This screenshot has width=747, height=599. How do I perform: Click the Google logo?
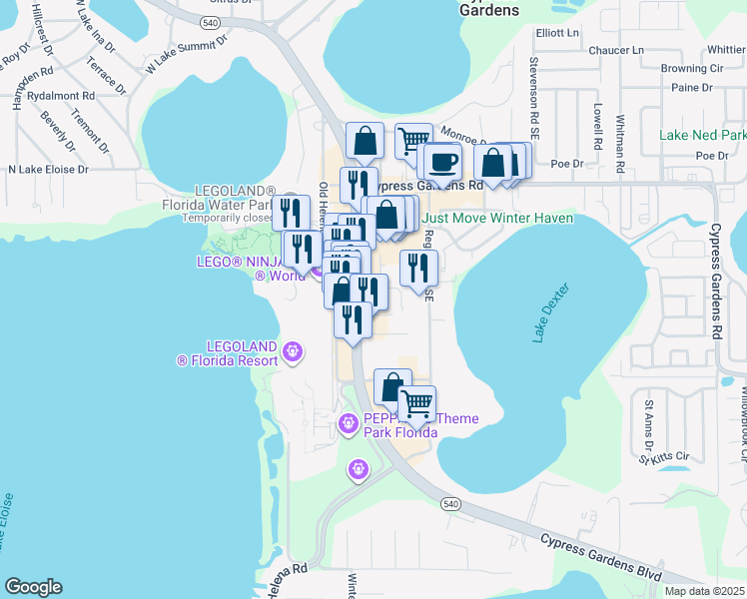coord(33,587)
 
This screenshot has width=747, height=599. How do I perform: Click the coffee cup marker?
coord(441,161)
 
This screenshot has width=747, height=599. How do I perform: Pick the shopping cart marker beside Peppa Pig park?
coord(416,402)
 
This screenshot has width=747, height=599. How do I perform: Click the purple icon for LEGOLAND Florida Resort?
coord(292,351)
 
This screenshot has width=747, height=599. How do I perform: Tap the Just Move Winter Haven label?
coord(497,218)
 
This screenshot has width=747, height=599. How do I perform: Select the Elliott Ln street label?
coord(557,33)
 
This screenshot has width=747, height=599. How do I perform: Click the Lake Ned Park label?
coord(702,135)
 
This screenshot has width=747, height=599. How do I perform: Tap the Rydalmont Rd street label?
coord(62,97)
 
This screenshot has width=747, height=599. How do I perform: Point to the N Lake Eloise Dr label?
coord(49,170)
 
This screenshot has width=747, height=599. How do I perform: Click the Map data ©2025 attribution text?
coord(704,591)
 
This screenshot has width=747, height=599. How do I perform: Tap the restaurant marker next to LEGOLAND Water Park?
coord(290,212)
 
